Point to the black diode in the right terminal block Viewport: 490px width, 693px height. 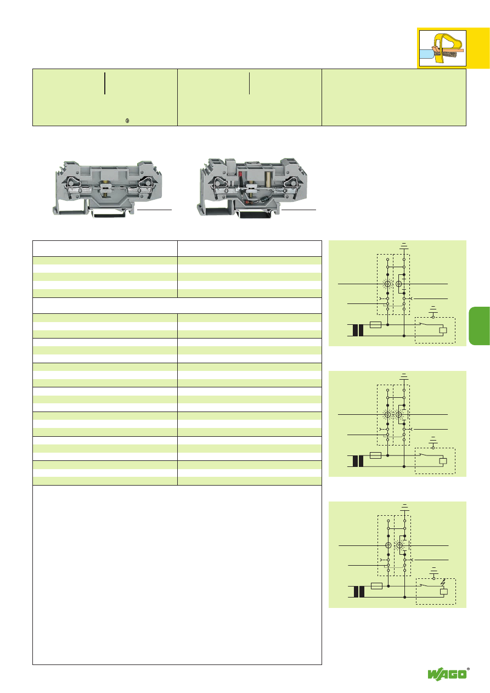[265, 200]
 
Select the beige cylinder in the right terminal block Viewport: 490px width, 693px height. [268, 180]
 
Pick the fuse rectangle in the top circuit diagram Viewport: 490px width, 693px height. [375, 324]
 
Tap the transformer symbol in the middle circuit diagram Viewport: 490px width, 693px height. [358, 461]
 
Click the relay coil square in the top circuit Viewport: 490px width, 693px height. [443, 330]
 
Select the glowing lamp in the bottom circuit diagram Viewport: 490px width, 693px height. [399, 545]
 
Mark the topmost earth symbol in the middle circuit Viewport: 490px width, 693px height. [404, 376]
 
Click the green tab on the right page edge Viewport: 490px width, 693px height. [479, 326]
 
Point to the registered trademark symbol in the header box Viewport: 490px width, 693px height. [127, 121]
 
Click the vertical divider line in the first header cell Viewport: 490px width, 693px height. [105, 83]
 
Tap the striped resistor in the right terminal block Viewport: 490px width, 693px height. [249, 202]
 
